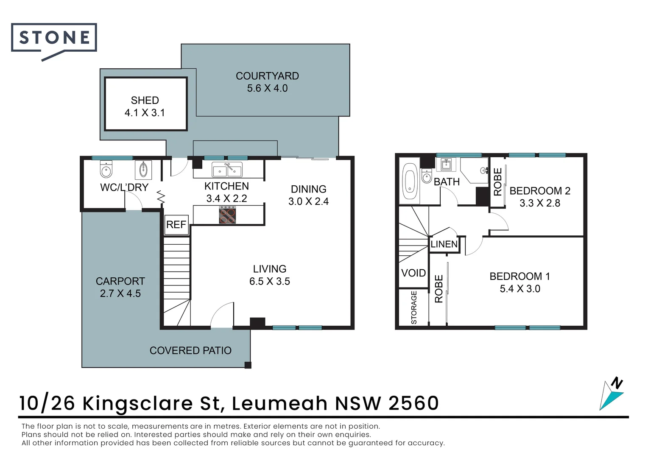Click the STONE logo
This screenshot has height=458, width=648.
pyautogui.click(x=54, y=38)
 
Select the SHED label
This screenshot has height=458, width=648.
pyautogui.click(x=145, y=101)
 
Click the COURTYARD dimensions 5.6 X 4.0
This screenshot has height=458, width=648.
pyautogui.click(x=267, y=88)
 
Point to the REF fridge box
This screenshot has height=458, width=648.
pyautogui.click(x=176, y=224)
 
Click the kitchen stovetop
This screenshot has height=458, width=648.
pyautogui.click(x=227, y=215)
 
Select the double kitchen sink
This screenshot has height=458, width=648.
pyautogui.click(x=227, y=170)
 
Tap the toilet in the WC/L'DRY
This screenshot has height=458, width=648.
pyautogui.click(x=106, y=170)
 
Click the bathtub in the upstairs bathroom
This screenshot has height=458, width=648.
pyautogui.click(x=410, y=181)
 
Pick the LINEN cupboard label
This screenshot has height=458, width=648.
pyautogui.click(x=444, y=244)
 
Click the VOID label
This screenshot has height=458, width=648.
pyautogui.click(x=413, y=273)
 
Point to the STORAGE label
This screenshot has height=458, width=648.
pyautogui.click(x=414, y=307)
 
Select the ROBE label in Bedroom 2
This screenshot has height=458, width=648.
pyautogui.click(x=497, y=182)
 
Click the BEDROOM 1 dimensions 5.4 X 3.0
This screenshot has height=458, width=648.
pyautogui.click(x=520, y=289)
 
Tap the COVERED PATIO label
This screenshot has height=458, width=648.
pyautogui.click(x=190, y=351)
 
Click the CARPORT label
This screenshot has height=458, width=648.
pyautogui.click(x=120, y=281)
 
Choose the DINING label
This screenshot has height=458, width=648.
pyautogui.click(x=308, y=189)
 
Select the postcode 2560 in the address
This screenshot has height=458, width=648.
pyautogui.click(x=413, y=403)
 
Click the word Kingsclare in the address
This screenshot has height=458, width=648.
pyautogui.click(x=138, y=403)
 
